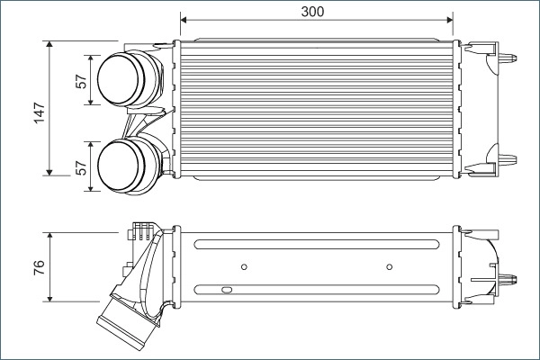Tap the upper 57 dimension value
[x=82, y=81]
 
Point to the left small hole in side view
[x=246, y=265]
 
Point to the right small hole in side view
[x=389, y=265]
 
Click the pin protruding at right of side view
[x=514, y=276]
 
